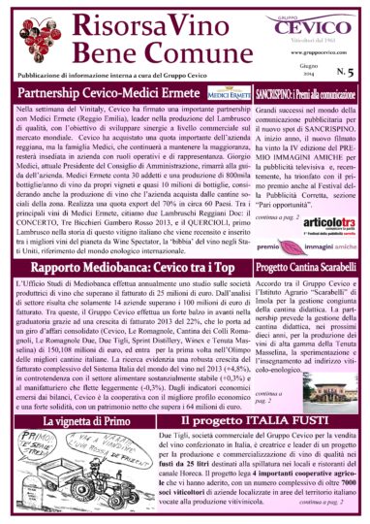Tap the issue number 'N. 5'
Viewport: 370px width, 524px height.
(x=344, y=72)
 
